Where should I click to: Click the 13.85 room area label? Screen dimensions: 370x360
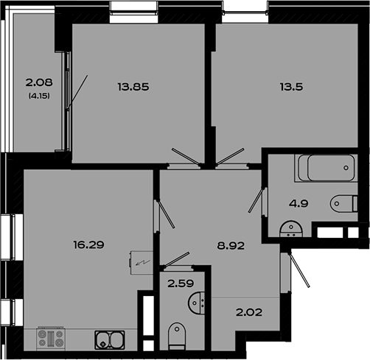pyautogui.click(x=133, y=87)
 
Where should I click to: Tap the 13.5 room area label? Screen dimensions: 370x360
pyautogui.click(x=291, y=87)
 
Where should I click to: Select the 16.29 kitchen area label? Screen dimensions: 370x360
pyautogui.click(x=88, y=244)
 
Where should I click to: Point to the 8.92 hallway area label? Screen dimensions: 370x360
pyautogui.click(x=231, y=246)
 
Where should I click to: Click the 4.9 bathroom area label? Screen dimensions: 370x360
pyautogui.click(x=299, y=204)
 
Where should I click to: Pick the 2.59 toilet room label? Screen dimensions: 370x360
pyautogui.click(x=181, y=283)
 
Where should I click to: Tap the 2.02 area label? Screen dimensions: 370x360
pyautogui.click(x=249, y=312)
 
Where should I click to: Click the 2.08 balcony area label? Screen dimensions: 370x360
pyautogui.click(x=39, y=82)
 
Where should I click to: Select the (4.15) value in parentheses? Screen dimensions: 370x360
pyautogui.click(x=39, y=96)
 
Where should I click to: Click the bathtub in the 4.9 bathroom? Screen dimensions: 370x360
pyautogui.click(x=327, y=168)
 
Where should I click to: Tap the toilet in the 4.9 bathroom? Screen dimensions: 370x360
pyautogui.click(x=344, y=204)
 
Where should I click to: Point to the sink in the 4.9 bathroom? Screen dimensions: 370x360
pyautogui.click(x=291, y=229)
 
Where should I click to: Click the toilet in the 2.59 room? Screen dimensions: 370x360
pyautogui.click(x=177, y=336)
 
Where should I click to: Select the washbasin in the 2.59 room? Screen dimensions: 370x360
pyautogui.click(x=197, y=303)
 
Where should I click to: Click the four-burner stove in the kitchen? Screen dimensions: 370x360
pyautogui.click(x=51, y=339)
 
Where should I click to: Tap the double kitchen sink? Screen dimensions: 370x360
pyautogui.click(x=110, y=340)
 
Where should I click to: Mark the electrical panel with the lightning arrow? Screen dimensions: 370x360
pyautogui.click(x=142, y=263)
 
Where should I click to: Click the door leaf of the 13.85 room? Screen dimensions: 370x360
pyautogui.click(x=186, y=156)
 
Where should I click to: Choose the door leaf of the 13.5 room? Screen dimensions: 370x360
pyautogui.click(x=231, y=156)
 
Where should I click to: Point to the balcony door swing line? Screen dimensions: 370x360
pyautogui.click(x=77, y=92)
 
